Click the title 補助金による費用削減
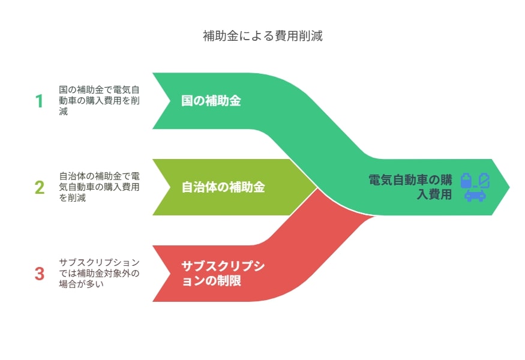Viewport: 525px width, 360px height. (x=263, y=36)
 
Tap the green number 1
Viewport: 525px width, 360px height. (x=39, y=101)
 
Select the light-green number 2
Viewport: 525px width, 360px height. (x=40, y=187)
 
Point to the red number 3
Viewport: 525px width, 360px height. (x=40, y=274)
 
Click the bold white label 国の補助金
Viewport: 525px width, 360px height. (x=211, y=101)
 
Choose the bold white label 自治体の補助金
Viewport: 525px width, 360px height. (x=223, y=187)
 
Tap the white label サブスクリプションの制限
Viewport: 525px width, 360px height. (x=223, y=274)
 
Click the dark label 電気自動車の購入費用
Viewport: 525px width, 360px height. (x=410, y=187)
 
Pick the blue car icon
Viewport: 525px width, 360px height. (x=475, y=195)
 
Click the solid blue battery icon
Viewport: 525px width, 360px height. (x=466, y=180)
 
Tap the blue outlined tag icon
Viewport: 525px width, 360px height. (x=484, y=180)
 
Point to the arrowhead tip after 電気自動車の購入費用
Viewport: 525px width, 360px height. (x=509, y=187)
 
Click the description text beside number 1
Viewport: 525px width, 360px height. (x=99, y=100)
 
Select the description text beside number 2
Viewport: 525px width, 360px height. (x=99, y=187)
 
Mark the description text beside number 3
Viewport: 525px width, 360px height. (x=99, y=273)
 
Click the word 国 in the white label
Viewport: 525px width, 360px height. (x=187, y=101)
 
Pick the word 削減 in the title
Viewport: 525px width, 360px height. (x=310, y=36)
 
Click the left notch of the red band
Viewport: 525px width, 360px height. (x=170, y=274)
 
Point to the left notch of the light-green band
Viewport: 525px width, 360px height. (x=170, y=187)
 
